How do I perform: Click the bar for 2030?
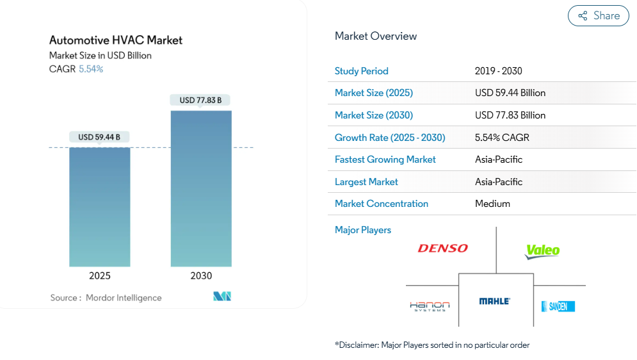[x=201, y=188]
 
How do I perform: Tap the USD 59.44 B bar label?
[x=99, y=137]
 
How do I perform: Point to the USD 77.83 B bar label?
[x=200, y=100]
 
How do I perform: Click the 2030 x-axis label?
[x=201, y=276]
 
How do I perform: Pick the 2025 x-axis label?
[x=100, y=276]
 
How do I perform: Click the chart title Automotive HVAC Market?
[x=116, y=40]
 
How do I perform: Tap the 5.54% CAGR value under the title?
[x=91, y=69]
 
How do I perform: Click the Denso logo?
[x=443, y=249]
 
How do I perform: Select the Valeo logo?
[x=542, y=250]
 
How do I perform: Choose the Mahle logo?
[x=495, y=301]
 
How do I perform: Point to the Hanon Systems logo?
[x=430, y=306]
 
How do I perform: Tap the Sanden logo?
[x=558, y=306]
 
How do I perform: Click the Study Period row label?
[x=362, y=71]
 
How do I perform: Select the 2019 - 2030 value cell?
[x=499, y=71]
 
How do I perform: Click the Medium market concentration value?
[x=492, y=204]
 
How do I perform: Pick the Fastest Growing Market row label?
[x=385, y=160]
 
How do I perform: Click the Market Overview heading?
[x=376, y=37]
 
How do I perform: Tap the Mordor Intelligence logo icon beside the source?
[x=222, y=297]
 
